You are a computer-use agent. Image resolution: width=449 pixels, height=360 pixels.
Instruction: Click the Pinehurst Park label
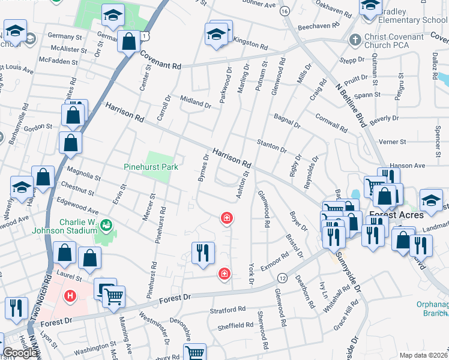coord(151,167)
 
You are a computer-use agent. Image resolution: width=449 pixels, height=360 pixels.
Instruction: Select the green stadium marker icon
coord(107,226)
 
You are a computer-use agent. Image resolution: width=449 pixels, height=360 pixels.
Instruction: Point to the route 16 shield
coord(285,11)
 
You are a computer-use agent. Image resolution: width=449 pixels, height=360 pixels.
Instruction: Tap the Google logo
coord(20,353)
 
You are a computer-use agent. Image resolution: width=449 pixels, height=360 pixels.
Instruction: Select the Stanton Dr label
coord(271,145)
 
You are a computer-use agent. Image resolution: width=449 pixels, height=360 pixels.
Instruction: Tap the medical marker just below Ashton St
coord(227,218)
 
